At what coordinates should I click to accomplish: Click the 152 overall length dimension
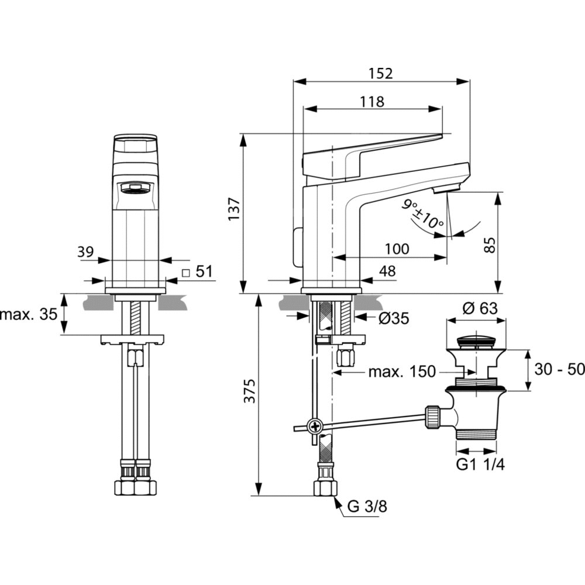(x=381, y=73)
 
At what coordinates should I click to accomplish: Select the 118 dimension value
(x=372, y=101)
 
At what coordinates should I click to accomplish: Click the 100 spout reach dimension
(x=397, y=249)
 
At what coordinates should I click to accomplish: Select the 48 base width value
(x=387, y=271)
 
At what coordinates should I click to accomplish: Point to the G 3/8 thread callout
(x=367, y=507)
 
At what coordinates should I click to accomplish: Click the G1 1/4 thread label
(x=481, y=464)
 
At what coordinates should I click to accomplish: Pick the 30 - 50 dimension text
(x=559, y=370)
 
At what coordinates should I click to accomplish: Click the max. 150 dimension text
(x=402, y=371)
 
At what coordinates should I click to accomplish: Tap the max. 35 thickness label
(x=29, y=314)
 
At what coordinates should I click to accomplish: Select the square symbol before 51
(x=185, y=272)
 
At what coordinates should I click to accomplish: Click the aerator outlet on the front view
(x=135, y=188)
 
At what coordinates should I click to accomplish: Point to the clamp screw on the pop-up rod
(x=316, y=426)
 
